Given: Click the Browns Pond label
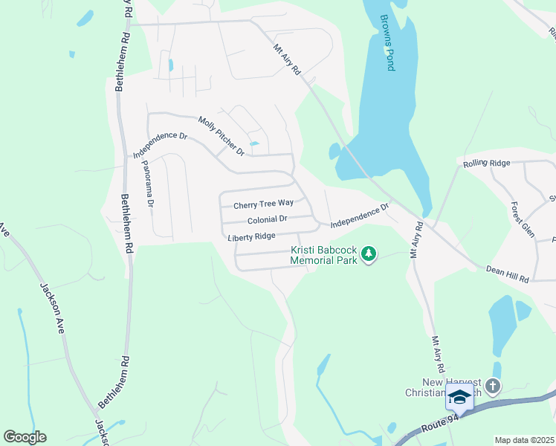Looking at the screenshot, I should (387, 43).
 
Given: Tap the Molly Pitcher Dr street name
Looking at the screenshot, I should (221, 136).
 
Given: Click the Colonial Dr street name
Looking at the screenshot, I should (268, 220).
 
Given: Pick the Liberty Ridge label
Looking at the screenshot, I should (252, 236).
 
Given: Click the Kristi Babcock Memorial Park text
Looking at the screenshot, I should (324, 256).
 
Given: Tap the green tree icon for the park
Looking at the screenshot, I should (369, 256).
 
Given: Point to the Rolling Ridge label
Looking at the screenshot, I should (486, 164).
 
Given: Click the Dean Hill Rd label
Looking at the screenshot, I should (507, 274).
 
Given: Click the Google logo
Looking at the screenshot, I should (25, 437).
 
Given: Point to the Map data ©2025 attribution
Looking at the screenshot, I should (523, 440).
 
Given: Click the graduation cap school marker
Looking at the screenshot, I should (459, 398).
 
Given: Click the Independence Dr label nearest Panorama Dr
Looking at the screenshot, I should (160, 145).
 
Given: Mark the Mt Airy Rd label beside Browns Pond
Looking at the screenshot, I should (286, 59).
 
